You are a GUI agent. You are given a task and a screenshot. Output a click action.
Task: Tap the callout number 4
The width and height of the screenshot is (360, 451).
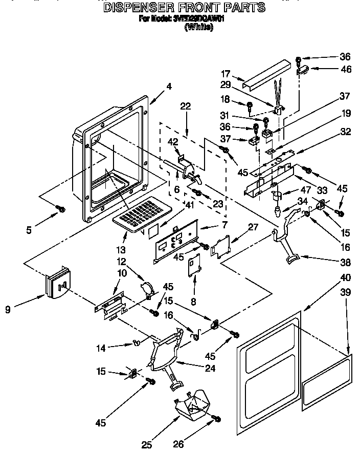click(168, 88)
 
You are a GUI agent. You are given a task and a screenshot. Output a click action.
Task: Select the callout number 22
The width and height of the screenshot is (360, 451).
click(185, 106)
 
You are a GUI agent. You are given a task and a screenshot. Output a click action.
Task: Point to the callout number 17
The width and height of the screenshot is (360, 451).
click(226, 74)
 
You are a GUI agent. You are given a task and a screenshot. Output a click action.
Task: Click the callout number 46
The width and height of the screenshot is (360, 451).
click(346, 69)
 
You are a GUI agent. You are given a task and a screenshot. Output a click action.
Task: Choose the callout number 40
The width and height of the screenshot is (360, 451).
click(346, 278)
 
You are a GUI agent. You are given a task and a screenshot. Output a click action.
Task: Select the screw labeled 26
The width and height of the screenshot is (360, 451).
click(217, 419)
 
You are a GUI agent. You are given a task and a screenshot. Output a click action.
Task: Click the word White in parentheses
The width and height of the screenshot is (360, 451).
click(198, 28)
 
